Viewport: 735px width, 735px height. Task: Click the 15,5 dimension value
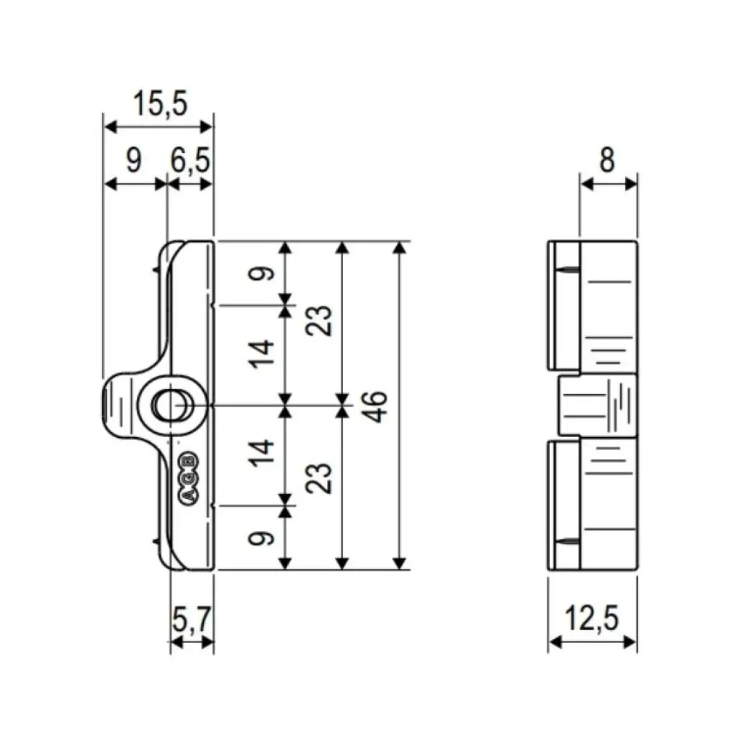pos(160,105)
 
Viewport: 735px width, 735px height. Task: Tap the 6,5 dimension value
pos(190,161)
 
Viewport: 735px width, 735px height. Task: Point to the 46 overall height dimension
pos(378,406)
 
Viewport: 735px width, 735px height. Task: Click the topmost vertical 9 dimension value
pos(265,273)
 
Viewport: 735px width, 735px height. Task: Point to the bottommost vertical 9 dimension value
pos(265,538)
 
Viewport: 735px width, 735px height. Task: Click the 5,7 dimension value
pos(192,618)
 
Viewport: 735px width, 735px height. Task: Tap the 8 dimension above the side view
pos(607,161)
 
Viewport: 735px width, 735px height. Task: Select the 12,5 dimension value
pos(592,618)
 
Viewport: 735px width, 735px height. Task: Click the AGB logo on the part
pos(190,479)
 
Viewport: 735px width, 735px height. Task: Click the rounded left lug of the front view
pos(119,406)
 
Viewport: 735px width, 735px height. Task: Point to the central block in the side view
pos(597,406)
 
